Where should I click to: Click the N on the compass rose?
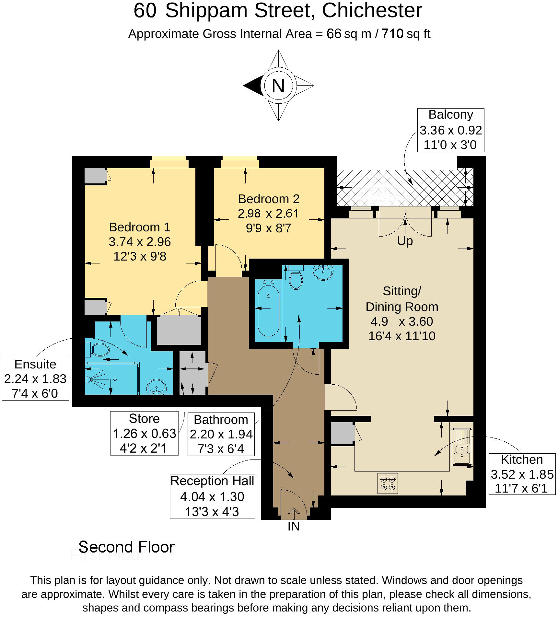(x=278, y=86)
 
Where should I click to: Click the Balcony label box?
(x=451, y=130)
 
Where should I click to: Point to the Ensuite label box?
(x=35, y=378)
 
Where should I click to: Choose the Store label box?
(x=144, y=433)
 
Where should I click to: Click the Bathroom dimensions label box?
(x=221, y=434)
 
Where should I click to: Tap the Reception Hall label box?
(x=212, y=496)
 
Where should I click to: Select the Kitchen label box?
(x=522, y=474)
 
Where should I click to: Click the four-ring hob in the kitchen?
(x=388, y=483)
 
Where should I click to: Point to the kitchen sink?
(x=462, y=447)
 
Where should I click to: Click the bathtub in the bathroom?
(x=269, y=308)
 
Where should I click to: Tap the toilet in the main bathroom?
(x=296, y=277)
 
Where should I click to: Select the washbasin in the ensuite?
(x=157, y=387)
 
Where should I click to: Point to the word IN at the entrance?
(x=294, y=527)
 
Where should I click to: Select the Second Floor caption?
(x=126, y=547)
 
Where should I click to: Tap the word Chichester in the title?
(x=372, y=10)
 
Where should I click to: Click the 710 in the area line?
(x=392, y=34)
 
